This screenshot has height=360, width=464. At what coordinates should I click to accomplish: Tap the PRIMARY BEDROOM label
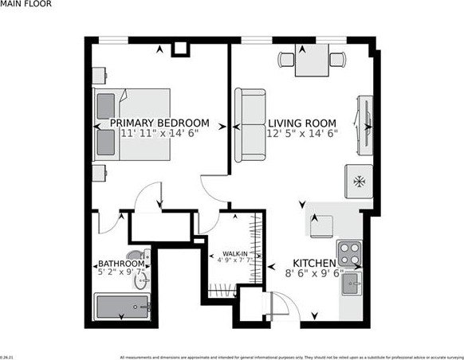click(x=159, y=123)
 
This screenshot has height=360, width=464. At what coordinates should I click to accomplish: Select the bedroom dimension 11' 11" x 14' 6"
click(x=159, y=134)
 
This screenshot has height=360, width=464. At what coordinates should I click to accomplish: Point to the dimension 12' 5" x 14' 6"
click(x=302, y=134)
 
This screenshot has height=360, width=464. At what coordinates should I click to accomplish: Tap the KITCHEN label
click(x=313, y=263)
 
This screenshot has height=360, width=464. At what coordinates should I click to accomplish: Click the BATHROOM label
click(x=121, y=264)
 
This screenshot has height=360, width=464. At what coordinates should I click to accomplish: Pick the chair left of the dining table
click(x=286, y=58)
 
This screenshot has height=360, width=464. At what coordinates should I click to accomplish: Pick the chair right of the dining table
click(x=338, y=58)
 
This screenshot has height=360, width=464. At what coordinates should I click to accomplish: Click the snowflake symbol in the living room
click(x=357, y=181)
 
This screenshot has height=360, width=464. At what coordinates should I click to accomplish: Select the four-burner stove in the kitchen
click(x=348, y=252)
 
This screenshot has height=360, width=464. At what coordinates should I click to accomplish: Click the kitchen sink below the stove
click(x=352, y=281)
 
